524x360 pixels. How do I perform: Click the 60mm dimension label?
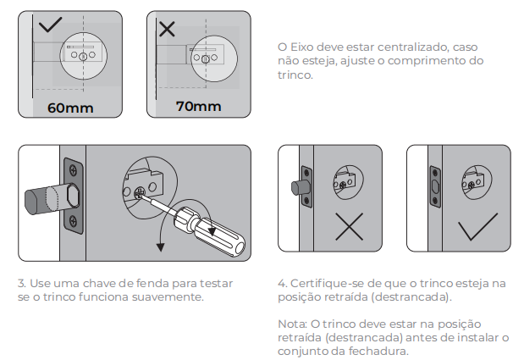pyautogui.click(x=70, y=108)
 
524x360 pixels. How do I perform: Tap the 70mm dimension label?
pyautogui.click(x=198, y=106)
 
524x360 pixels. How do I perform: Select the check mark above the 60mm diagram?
pyautogui.click(x=50, y=25)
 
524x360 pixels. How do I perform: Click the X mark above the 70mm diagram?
pyautogui.click(x=167, y=29)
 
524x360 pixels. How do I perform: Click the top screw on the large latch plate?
pyautogui.click(x=73, y=170)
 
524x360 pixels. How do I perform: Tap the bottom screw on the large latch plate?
pyautogui.click(x=73, y=220)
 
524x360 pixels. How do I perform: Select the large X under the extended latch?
pyautogui.click(x=350, y=227)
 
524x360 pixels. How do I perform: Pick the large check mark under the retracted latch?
pyautogui.click(x=477, y=227)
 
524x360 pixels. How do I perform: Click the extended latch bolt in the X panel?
pyautogui.click(x=299, y=188)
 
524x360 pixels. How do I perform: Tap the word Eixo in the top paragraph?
pyautogui.click(x=301, y=47)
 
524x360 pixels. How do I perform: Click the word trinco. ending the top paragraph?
pyautogui.click(x=295, y=75)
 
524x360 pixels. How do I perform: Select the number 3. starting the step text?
pyautogui.click(x=22, y=284)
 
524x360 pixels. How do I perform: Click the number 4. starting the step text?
pyautogui.click(x=283, y=284)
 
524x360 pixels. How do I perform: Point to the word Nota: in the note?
pyautogui.click(x=292, y=324)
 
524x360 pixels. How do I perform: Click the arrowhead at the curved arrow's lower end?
pyautogui.click(x=160, y=247)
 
